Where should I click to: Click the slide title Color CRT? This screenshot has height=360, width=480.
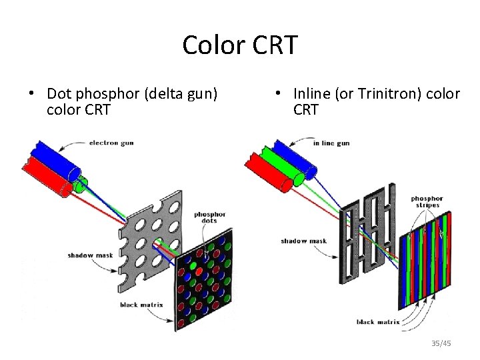click(240, 45)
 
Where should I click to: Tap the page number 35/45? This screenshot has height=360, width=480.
click(441, 343)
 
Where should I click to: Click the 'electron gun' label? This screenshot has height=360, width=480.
click(111, 143)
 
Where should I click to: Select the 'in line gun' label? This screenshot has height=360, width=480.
click(331, 143)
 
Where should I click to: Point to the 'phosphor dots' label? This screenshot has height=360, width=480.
click(210, 218)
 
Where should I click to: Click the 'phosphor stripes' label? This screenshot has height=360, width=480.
click(426, 201)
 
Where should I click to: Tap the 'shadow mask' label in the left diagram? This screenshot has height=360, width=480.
click(84, 255)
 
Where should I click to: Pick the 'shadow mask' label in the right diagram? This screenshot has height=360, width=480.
click(303, 241)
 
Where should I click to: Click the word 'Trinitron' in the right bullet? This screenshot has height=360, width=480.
click(383, 94)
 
